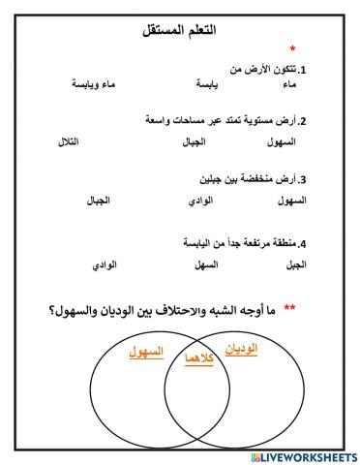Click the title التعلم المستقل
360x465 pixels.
pos(181,31)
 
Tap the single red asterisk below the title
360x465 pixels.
pos(293,49)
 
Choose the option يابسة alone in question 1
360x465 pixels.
pos(202,85)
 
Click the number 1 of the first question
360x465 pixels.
pos(303,71)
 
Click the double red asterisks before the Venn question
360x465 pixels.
pos(289,308)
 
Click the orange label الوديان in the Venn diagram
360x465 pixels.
pos(241,348)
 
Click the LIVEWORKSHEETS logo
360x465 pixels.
pos(303,455)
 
